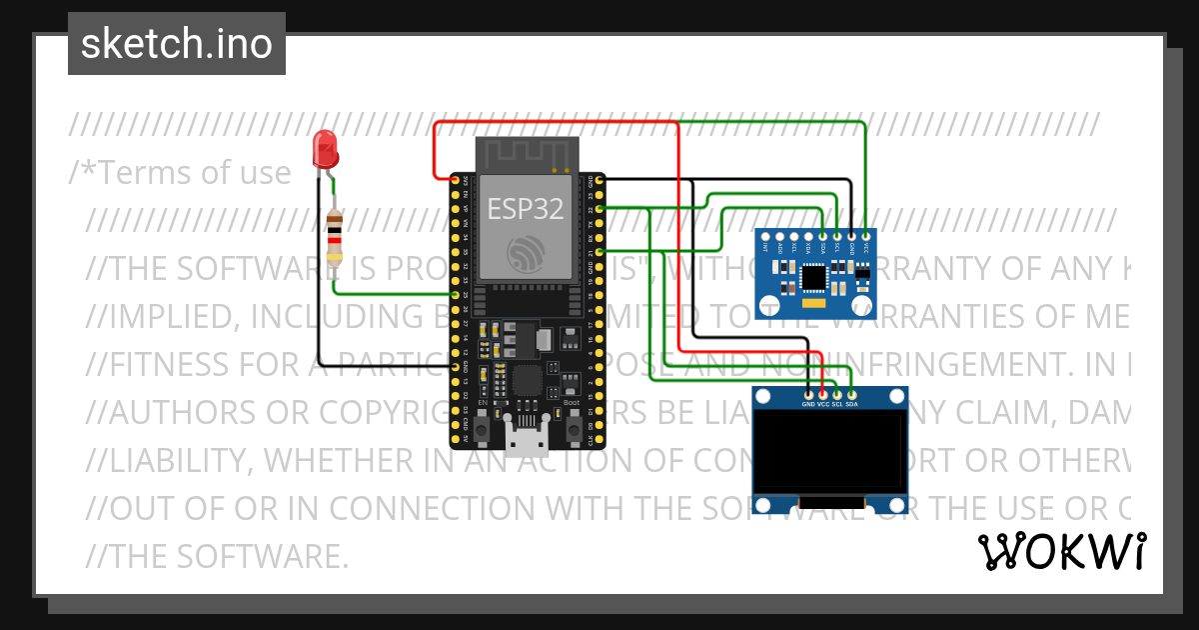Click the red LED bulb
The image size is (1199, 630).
click(325, 149)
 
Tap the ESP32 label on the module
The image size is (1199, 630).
click(526, 208)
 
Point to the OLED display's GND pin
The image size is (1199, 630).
click(807, 394)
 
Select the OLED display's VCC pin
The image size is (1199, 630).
click(822, 394)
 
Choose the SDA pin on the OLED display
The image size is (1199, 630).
click(851, 394)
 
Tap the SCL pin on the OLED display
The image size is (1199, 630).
click(837, 394)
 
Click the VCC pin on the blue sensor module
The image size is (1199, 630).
click(865, 236)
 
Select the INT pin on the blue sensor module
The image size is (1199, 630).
click(765, 236)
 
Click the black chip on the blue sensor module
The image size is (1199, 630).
click(815, 274)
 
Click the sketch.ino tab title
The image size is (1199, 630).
click(177, 44)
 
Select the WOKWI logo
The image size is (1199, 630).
click(1061, 551)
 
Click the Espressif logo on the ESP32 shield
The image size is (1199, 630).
click(526, 253)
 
